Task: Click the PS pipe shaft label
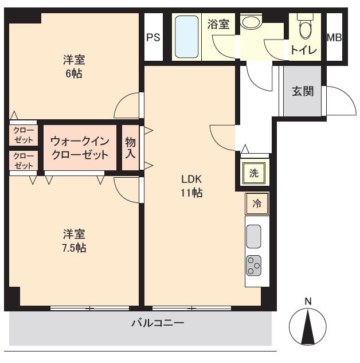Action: (x=152, y=37)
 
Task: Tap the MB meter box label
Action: (x=334, y=37)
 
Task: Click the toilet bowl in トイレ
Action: (x=304, y=26)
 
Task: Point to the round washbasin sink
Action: (x=251, y=22)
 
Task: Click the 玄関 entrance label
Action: (x=303, y=91)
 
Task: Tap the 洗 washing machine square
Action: (x=253, y=174)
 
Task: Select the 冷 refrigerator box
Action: (x=257, y=204)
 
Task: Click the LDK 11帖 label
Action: (x=192, y=185)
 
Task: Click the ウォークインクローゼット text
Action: (x=79, y=148)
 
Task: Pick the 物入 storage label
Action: (x=130, y=147)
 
